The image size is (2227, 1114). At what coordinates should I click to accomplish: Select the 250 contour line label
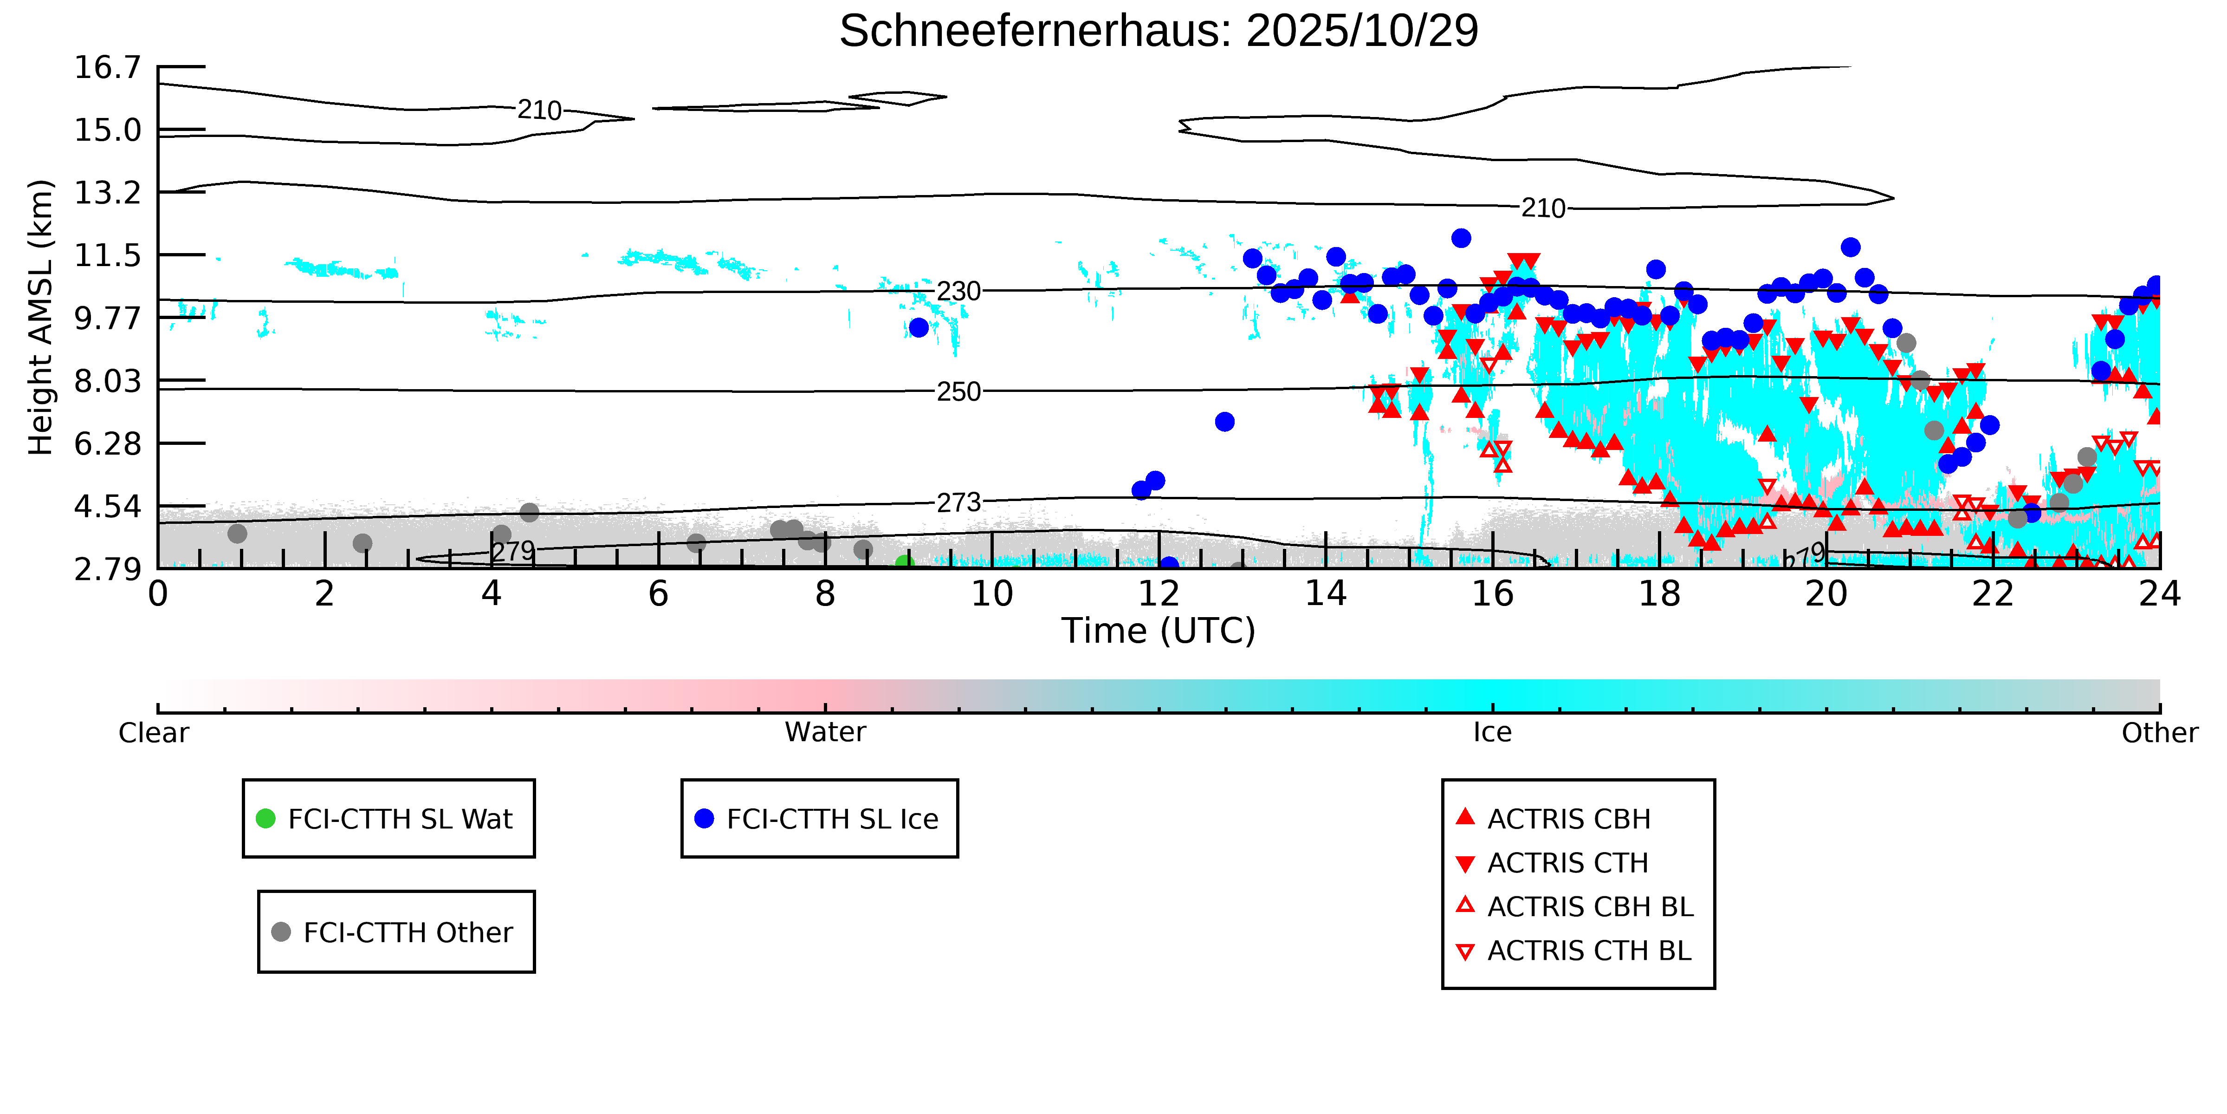click(959, 392)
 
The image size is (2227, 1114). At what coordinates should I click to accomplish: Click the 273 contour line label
click(959, 502)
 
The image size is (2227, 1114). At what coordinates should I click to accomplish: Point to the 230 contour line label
click(959, 292)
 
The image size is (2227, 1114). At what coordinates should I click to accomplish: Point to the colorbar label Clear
click(154, 733)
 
